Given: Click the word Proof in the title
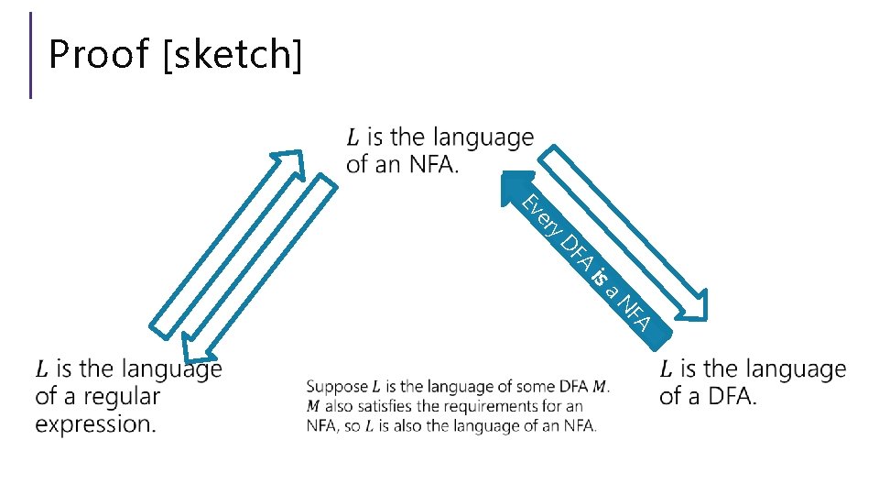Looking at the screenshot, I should pos(98,54).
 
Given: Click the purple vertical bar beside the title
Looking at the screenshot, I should pos(31,55).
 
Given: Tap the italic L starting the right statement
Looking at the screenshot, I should pos(666,369).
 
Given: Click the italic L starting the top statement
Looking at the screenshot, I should pos(353,138).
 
